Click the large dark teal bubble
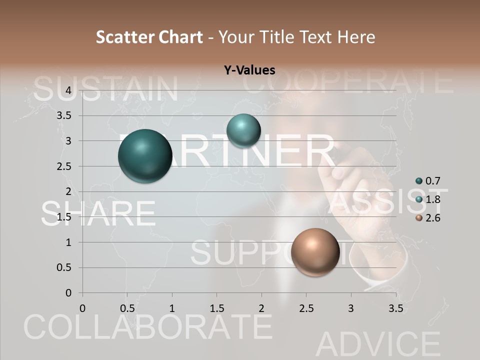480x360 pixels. [x=145, y=155]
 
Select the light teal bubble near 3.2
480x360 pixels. [x=243, y=130]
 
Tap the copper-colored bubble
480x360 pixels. [x=315, y=252]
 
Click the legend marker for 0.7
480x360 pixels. [x=419, y=181]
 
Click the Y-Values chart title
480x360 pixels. [x=249, y=70]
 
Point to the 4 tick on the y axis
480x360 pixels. [x=68, y=90]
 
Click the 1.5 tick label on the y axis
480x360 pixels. [x=63, y=217]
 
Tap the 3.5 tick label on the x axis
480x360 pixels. [x=395, y=308]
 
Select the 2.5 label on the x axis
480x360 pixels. [x=306, y=308]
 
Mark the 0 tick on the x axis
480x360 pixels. [x=82, y=308]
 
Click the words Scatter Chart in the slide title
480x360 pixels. [x=149, y=37]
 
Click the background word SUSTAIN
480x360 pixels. [x=106, y=89]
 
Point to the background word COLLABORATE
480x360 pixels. [x=148, y=327]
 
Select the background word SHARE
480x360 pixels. [x=98, y=213]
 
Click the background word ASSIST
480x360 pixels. [x=388, y=201]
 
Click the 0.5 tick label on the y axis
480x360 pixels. [x=63, y=267]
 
